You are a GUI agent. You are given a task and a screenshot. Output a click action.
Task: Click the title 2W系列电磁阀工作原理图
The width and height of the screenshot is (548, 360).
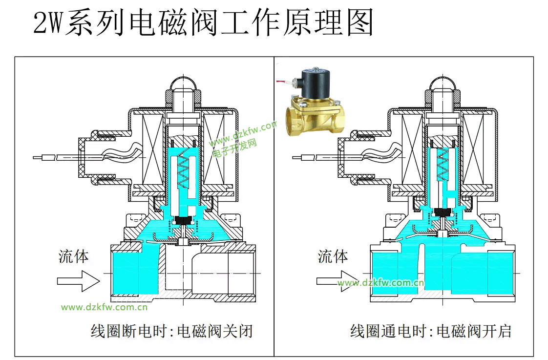click(x=203, y=23)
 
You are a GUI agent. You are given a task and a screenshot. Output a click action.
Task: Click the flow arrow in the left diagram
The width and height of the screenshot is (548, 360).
click(x=78, y=281)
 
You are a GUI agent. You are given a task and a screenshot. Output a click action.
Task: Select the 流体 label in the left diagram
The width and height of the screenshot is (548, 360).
click(x=74, y=256)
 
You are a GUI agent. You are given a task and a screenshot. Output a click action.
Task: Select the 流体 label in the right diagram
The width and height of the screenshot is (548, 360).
click(x=333, y=256)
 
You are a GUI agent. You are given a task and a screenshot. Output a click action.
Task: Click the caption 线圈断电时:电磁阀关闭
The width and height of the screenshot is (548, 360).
click(x=172, y=332)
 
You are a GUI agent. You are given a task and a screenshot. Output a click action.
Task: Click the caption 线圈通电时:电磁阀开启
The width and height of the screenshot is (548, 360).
click(x=431, y=332)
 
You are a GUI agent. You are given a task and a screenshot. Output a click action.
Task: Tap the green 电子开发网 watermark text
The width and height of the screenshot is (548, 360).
click(x=234, y=148)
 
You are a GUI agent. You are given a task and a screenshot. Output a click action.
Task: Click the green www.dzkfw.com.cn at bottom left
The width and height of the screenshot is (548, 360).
click(x=104, y=307)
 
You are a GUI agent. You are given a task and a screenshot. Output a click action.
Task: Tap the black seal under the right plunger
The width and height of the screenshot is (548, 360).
click(x=443, y=212)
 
